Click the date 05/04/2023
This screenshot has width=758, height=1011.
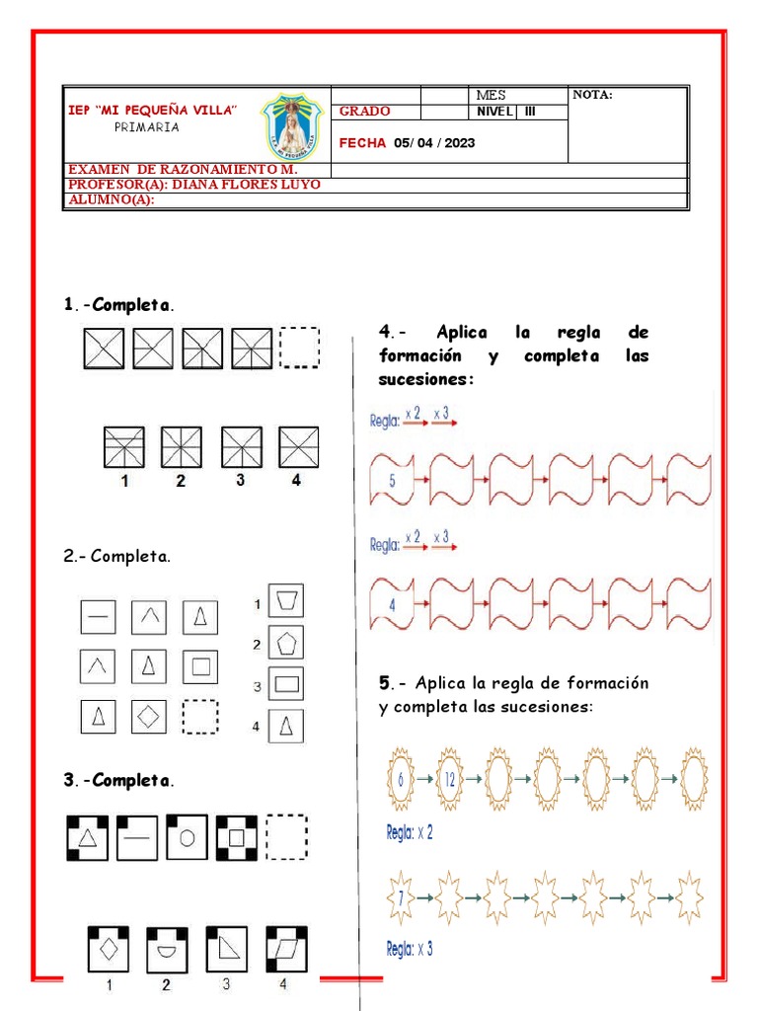click(x=433, y=143)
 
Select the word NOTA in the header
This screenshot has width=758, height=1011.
click(x=592, y=95)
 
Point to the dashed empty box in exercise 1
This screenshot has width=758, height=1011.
click(x=300, y=348)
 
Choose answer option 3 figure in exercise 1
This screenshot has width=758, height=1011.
click(x=240, y=447)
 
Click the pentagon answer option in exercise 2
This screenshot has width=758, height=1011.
click(x=285, y=643)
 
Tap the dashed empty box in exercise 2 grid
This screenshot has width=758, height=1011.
click(x=200, y=717)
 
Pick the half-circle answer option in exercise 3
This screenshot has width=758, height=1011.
click(x=166, y=949)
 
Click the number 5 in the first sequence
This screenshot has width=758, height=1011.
click(x=392, y=481)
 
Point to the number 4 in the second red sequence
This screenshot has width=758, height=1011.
click(x=392, y=604)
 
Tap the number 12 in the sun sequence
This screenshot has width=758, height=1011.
click(x=450, y=779)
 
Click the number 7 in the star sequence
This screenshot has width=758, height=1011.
click(x=401, y=897)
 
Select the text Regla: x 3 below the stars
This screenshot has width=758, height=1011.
click(x=410, y=950)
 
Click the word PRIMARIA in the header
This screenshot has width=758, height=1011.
click(x=147, y=127)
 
